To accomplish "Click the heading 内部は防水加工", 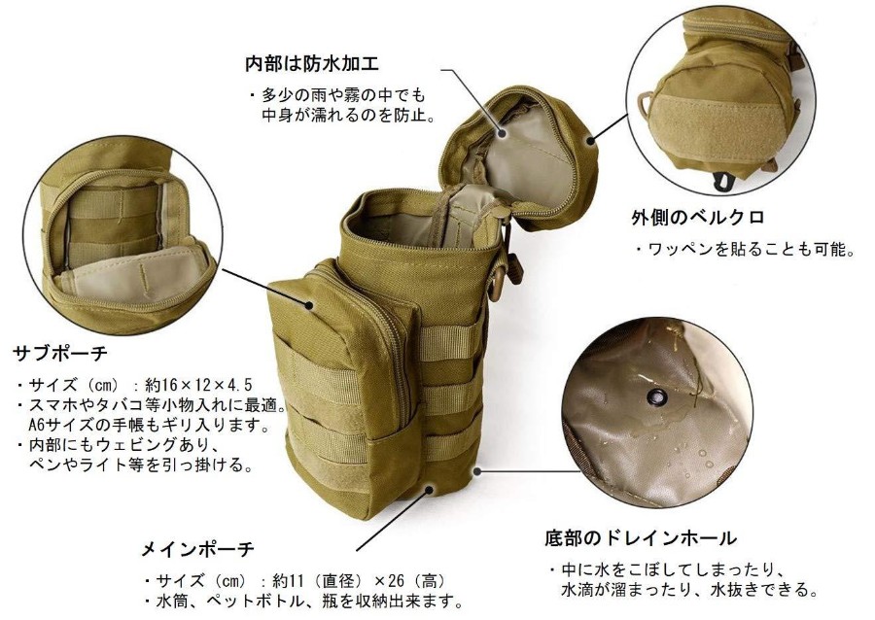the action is point(312,62).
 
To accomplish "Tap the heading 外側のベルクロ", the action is point(697,217).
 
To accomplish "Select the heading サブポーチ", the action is point(60,353).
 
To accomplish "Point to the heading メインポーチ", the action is point(197,550).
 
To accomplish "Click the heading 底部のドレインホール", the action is point(641,538).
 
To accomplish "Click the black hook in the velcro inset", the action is point(723,181).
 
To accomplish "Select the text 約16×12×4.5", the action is point(198,385).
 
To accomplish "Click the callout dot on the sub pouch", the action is point(309,305).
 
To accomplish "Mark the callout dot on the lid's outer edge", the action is point(590,140).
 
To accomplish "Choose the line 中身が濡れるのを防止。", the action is point(349,116).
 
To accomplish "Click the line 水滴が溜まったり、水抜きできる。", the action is point(690,589).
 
